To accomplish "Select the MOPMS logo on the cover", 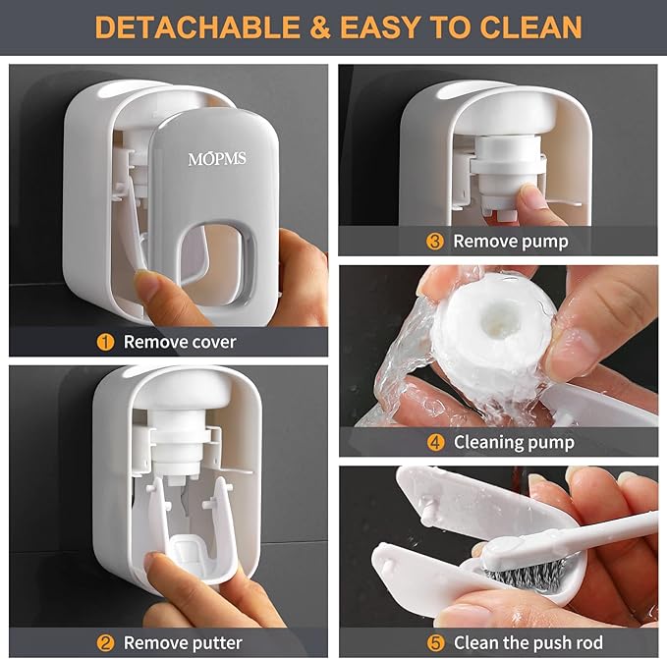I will pyautogui.click(x=218, y=159).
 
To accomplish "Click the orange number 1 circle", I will pyautogui.click(x=105, y=343).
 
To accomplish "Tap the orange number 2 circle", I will pyautogui.click(x=105, y=643).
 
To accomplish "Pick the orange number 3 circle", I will pyautogui.click(x=434, y=242).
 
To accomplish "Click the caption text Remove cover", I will pyautogui.click(x=180, y=343).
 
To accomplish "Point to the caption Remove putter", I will pyautogui.click(x=183, y=643).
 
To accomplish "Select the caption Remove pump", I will pyautogui.click(x=510, y=242).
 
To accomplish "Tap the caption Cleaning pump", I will pyautogui.click(x=514, y=443).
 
